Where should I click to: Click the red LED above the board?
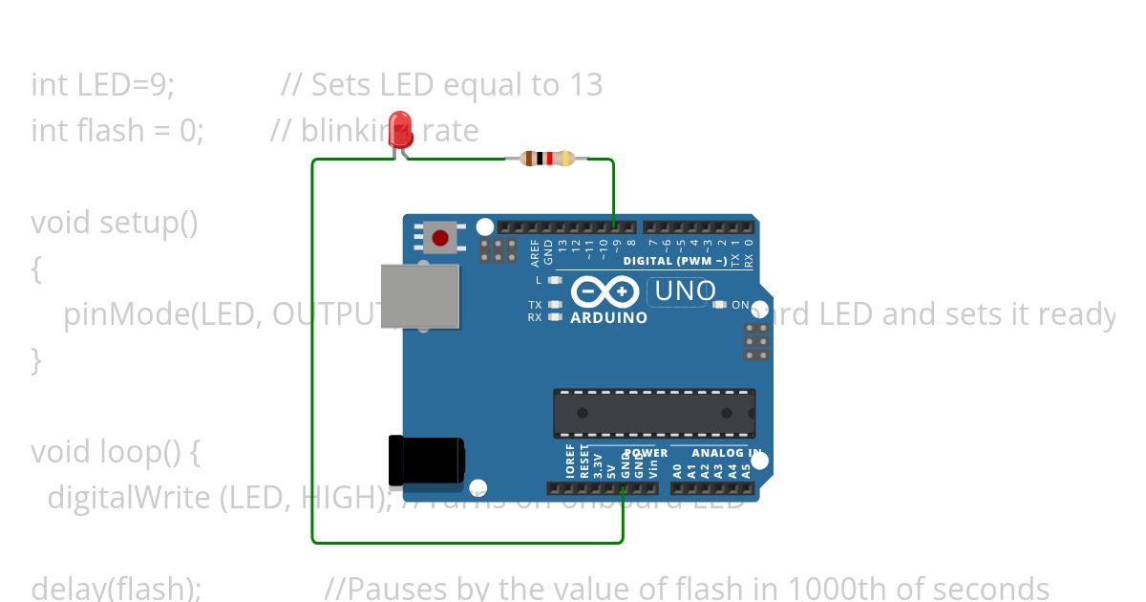tap(400, 128)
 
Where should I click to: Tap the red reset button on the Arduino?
tap(440, 236)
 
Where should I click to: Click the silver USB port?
tap(420, 296)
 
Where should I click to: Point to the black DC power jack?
tap(425, 461)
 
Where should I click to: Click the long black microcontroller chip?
tap(654, 413)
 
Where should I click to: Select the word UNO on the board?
tap(685, 291)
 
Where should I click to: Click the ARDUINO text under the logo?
tap(608, 318)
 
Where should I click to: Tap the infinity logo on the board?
tap(605, 291)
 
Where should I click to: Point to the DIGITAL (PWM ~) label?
tap(674, 261)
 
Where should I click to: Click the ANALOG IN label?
tap(727, 453)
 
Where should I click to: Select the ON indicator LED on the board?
tap(719, 305)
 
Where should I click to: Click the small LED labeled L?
tap(554, 280)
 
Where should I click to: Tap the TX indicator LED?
tap(554, 304)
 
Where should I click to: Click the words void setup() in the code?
tap(115, 223)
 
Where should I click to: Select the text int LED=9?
tap(103, 85)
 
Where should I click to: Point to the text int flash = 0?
tap(117, 130)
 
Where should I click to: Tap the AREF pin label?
tap(536, 251)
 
